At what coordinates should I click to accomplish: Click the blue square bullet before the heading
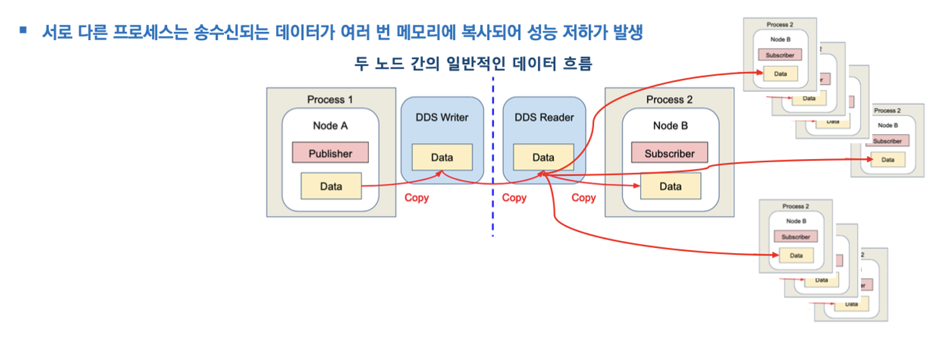pos(24,29)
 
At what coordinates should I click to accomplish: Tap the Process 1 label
pos(330,99)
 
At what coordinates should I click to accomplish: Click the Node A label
pos(330,125)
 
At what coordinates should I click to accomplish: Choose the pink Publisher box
pos(330,153)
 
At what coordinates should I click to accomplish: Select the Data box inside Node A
pos(331,186)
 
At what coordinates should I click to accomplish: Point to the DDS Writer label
pos(441,117)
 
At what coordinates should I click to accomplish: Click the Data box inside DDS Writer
pos(441,157)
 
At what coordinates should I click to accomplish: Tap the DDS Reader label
pos(543,117)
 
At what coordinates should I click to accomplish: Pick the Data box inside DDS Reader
pos(543,157)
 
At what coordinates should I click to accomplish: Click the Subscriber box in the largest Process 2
pos(669,153)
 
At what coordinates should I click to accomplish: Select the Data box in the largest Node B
pos(670,186)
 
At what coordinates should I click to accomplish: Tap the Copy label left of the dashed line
pos(417,198)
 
